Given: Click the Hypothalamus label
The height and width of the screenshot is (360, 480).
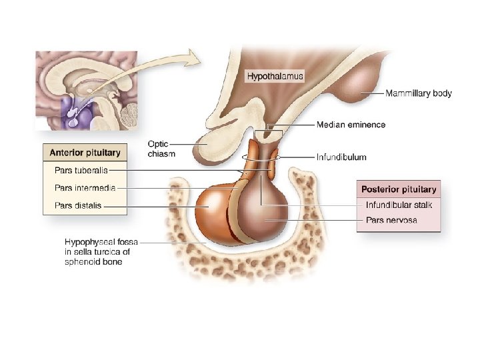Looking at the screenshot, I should pyautogui.click(x=275, y=76).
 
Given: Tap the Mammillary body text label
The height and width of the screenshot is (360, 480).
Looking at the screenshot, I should pyautogui.click(x=418, y=93).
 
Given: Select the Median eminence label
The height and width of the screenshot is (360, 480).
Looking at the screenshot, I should pyautogui.click(x=351, y=125).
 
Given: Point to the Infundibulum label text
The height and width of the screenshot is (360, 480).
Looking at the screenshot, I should pyautogui.click(x=341, y=157).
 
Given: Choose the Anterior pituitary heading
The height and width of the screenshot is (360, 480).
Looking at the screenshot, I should pyautogui.click(x=85, y=153).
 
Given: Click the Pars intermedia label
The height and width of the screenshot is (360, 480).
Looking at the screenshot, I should pyautogui.click(x=85, y=188).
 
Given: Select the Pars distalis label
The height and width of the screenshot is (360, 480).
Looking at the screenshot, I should pyautogui.click(x=78, y=205).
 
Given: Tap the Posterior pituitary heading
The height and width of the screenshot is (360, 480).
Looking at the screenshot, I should pyautogui.click(x=398, y=189).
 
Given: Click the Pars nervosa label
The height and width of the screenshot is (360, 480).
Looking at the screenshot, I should pyautogui.click(x=391, y=220).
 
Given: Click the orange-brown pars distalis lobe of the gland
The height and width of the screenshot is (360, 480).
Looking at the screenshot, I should pyautogui.click(x=212, y=208).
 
